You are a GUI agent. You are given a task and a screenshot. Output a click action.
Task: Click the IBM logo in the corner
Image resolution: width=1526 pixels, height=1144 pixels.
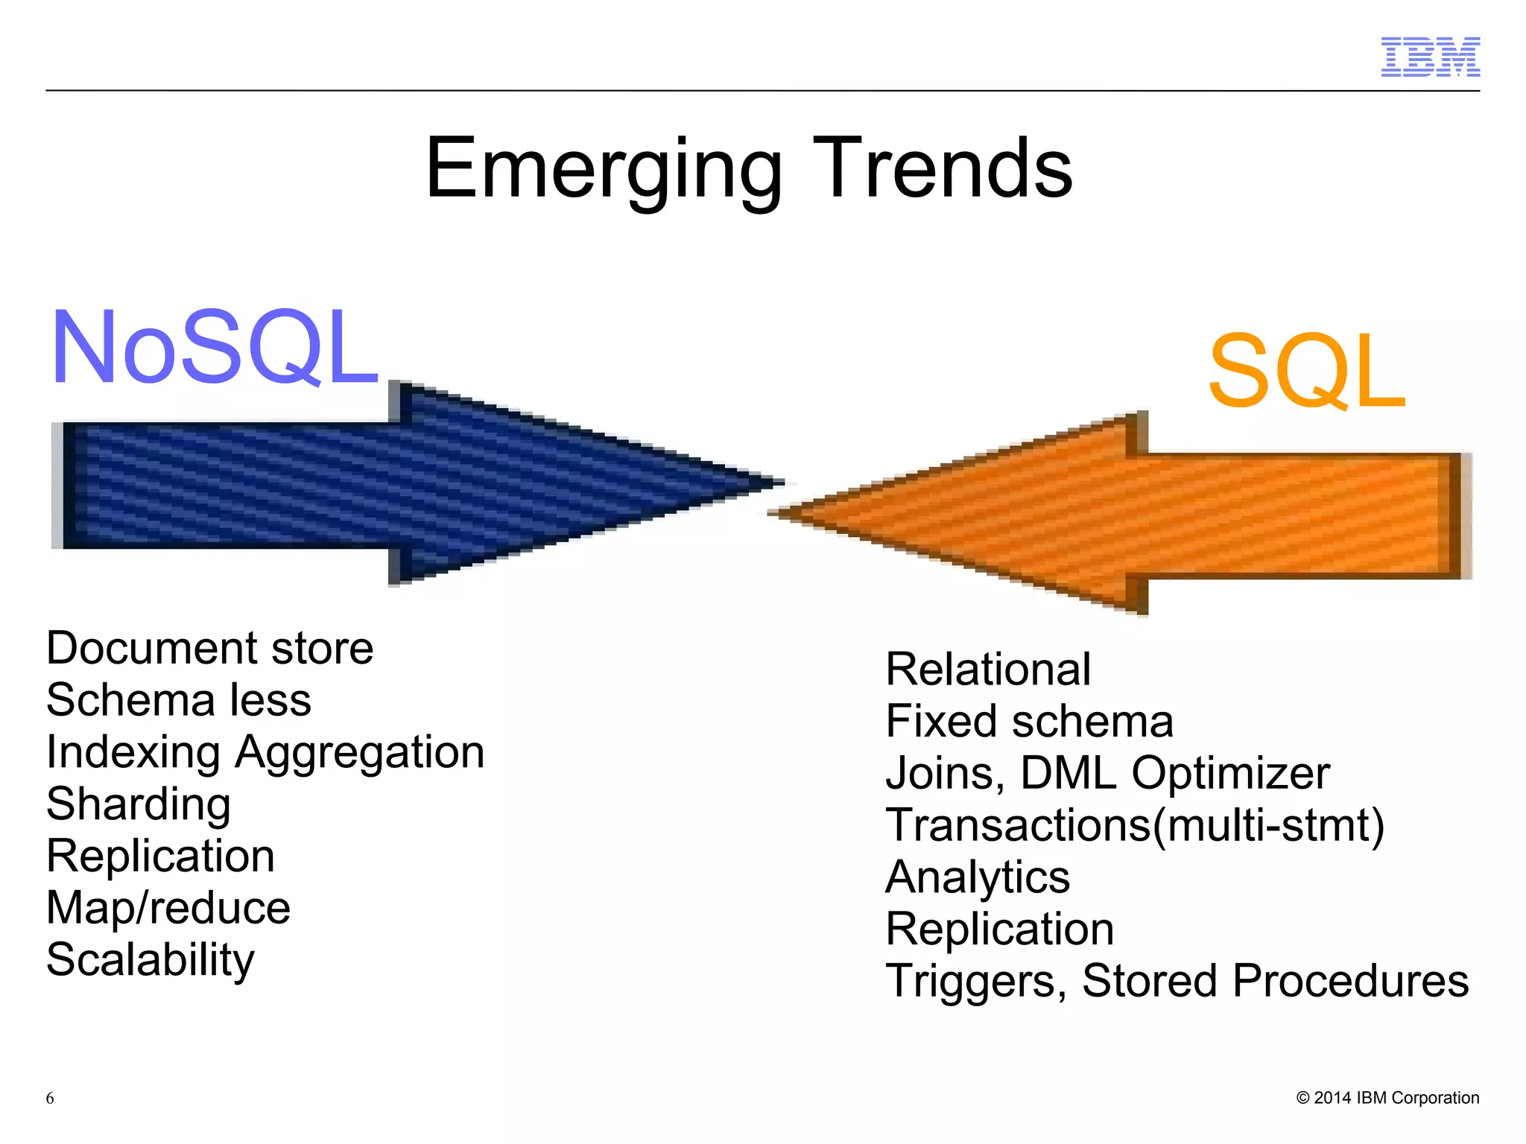[x=1430, y=57]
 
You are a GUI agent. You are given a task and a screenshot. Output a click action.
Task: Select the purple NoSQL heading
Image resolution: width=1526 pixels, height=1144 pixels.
[x=215, y=348]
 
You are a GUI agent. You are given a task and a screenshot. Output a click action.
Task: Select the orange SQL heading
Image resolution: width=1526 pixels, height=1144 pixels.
[x=1306, y=371]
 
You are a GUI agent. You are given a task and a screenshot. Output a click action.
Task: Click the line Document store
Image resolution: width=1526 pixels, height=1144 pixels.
[x=209, y=648]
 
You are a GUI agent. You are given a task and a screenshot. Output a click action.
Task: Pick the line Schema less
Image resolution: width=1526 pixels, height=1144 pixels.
[x=179, y=700]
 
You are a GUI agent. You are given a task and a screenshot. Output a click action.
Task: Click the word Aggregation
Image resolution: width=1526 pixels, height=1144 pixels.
[x=360, y=752]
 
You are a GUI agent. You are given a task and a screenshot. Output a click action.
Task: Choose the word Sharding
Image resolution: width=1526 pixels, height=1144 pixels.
[x=139, y=804]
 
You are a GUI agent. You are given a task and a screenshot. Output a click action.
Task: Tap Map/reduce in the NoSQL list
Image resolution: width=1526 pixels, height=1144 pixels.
[x=168, y=908]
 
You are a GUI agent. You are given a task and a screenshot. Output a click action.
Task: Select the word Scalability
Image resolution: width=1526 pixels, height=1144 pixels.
[x=150, y=959]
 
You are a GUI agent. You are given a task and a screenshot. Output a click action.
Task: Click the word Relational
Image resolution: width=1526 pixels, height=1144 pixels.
[x=988, y=669]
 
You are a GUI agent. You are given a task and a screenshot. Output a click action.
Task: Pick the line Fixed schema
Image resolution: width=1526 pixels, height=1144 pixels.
[x=1029, y=721]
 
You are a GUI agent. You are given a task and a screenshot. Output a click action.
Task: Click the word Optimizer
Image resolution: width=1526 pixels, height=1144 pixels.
[x=1230, y=773]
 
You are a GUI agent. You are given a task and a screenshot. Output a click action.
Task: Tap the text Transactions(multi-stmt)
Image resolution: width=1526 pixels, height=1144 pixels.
[x=1135, y=825]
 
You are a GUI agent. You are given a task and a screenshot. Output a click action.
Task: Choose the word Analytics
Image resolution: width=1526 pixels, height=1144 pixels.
[x=978, y=877]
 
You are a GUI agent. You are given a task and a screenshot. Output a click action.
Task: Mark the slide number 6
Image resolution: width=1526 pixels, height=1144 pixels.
[x=50, y=1098]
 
